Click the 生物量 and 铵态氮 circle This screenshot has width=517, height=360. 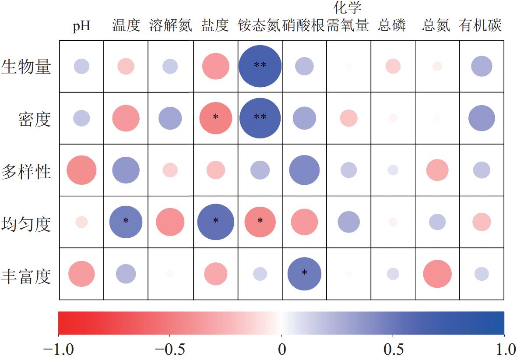[x=260, y=66]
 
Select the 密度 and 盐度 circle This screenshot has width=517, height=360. [x=215, y=117]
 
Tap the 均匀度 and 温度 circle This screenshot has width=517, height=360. [x=126, y=222]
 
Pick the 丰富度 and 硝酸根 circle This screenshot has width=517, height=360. [x=304, y=273]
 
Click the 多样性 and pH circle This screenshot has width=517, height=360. [x=81, y=170]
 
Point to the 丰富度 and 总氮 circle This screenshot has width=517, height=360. [x=437, y=274]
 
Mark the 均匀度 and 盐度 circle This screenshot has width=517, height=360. [x=215, y=222]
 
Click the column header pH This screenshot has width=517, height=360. [x=81, y=26]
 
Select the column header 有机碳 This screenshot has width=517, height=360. [x=480, y=26]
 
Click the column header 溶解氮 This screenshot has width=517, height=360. [x=171, y=26]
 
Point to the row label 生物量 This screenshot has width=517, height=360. [x=27, y=67]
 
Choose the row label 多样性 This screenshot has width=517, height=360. [x=27, y=171]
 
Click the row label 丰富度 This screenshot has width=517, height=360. [x=27, y=276]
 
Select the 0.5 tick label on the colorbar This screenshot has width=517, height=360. [x=393, y=349]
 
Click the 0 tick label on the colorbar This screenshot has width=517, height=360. [x=281, y=349]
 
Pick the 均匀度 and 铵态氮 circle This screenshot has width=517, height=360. [x=260, y=222]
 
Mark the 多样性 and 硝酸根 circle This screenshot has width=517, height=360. [x=304, y=170]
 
